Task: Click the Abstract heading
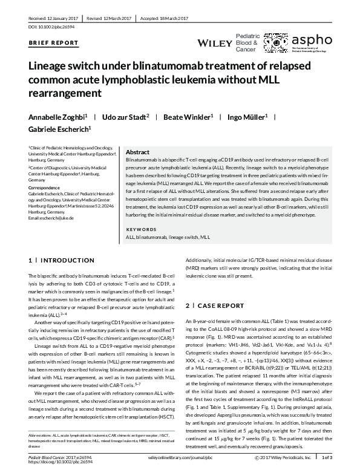137,152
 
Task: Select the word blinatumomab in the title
175,68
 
